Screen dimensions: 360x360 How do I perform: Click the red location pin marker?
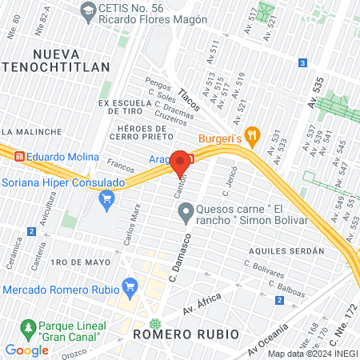point(179,162)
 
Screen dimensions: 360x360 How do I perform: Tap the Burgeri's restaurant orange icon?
point(253,136)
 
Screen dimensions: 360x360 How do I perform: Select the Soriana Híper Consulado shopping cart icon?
point(105,198)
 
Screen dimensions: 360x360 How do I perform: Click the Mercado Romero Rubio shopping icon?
point(130,287)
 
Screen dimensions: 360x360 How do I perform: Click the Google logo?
point(27,350)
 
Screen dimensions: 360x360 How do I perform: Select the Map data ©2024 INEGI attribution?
point(312,354)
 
